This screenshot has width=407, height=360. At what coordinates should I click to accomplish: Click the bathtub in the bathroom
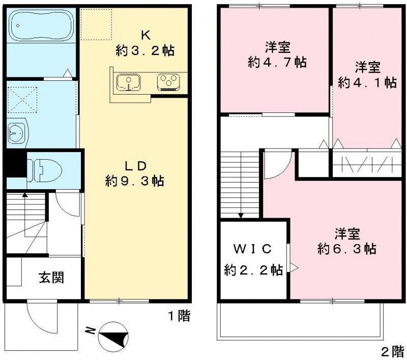41,25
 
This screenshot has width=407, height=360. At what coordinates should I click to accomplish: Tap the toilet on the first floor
45,170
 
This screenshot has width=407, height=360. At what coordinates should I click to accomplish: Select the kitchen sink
129,83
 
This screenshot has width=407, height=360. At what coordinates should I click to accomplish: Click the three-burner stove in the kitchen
169,82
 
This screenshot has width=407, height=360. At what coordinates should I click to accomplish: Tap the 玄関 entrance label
51,278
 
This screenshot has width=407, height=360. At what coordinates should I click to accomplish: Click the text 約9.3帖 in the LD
135,181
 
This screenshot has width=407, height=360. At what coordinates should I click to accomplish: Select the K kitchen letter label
146,36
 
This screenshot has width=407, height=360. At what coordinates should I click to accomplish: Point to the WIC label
252,249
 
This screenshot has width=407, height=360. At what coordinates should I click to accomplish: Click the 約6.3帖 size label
347,249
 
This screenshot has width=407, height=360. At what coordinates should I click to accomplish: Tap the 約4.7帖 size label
277,62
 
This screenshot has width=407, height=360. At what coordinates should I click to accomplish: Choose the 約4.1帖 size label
367,83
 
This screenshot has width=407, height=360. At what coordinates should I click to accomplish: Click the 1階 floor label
180,316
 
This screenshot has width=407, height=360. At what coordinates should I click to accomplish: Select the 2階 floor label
392,352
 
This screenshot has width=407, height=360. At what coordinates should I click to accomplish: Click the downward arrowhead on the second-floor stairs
241,216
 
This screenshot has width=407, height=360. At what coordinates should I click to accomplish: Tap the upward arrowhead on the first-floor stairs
24,195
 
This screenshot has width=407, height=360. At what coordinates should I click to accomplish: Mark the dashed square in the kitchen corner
96,24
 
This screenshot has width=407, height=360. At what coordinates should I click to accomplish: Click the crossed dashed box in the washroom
22,100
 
